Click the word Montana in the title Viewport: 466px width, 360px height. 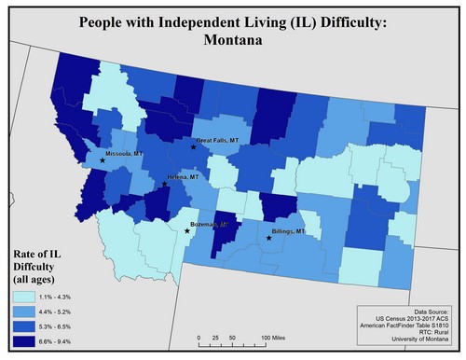pyautogui.click(x=233, y=41)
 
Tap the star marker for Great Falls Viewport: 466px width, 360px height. pyautogui.click(x=193, y=147)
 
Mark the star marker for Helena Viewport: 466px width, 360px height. pyautogui.click(x=165, y=184)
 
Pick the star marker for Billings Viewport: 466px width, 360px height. pyautogui.click(x=269, y=239)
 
